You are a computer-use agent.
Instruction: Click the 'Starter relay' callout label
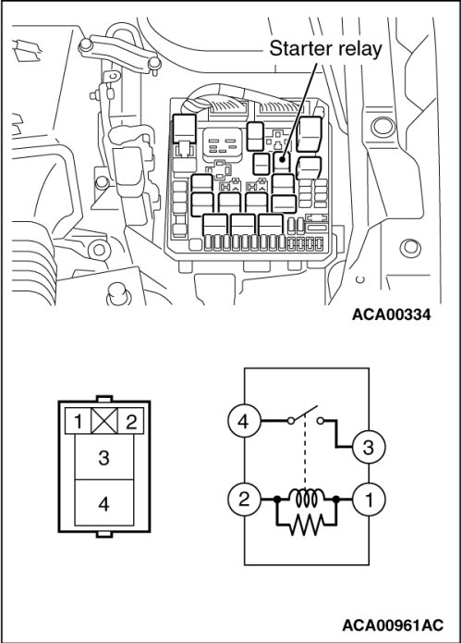coord(325,48)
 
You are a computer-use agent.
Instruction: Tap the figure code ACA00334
coord(391,315)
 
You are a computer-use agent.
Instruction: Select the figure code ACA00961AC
coord(393,625)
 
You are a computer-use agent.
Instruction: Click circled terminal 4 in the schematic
coord(244,421)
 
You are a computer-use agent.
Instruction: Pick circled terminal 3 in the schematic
coord(369,447)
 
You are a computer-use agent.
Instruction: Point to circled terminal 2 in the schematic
coord(244,499)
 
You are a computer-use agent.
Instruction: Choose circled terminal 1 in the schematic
coord(369,499)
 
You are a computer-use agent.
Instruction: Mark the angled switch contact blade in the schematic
coord(304,414)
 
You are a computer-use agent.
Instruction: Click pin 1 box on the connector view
coord(79,421)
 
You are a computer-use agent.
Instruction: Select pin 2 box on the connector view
coord(130,421)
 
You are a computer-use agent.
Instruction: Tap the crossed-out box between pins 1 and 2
coord(104,421)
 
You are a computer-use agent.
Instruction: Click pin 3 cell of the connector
coord(104,456)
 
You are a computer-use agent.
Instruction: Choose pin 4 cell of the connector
coord(104,502)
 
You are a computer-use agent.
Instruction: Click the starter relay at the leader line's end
coord(282,161)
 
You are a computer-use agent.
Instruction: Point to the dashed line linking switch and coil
coord(304,453)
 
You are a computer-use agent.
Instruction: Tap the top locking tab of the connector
coord(104,398)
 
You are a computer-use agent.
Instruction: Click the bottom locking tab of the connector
coord(104,535)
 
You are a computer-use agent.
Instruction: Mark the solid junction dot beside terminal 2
coord(277,499)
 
